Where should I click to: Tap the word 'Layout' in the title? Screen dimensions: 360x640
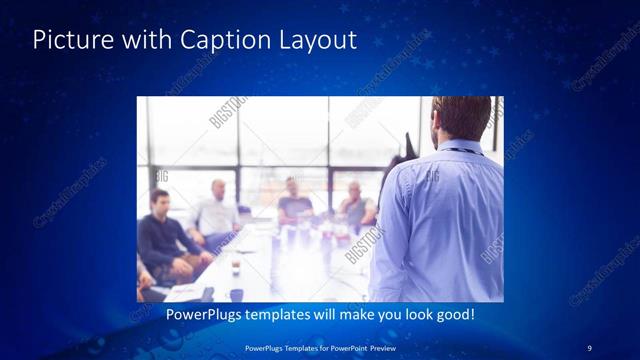[319, 40]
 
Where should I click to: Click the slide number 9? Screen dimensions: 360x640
[589, 347]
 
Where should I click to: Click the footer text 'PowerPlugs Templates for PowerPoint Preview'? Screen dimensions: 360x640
[320, 347]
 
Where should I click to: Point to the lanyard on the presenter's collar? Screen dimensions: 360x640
[462, 150]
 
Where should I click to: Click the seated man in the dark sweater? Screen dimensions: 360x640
[161, 240]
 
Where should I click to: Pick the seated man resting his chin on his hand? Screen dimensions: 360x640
[355, 205]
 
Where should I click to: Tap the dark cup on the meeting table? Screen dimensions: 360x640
[236, 268]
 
